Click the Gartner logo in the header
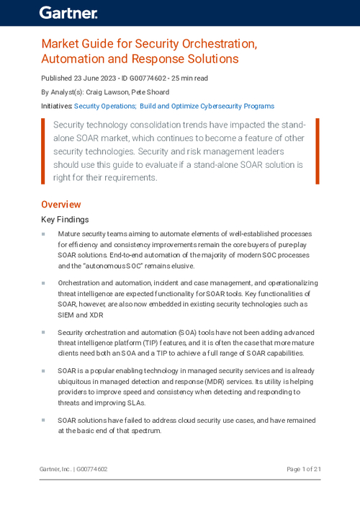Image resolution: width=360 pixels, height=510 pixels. click(x=68, y=12)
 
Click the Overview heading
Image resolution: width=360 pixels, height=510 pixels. click(x=60, y=205)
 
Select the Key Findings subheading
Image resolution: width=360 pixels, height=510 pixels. click(x=65, y=220)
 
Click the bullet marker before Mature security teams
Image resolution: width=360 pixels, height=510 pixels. click(x=43, y=234)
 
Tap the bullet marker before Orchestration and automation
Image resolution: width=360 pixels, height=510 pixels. click(x=43, y=284)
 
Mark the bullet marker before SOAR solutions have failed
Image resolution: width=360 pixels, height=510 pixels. click(x=43, y=420)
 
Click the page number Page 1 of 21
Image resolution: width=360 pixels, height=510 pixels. click(x=303, y=469)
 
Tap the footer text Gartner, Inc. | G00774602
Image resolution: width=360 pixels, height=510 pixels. click(x=73, y=469)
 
